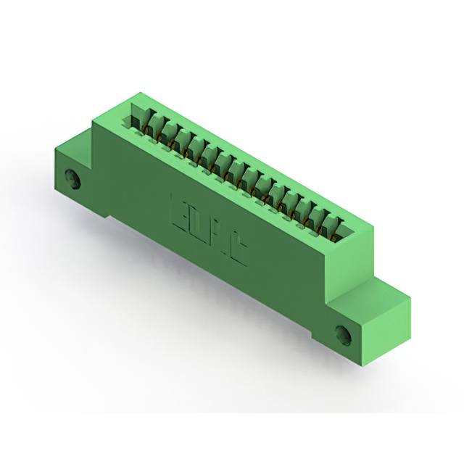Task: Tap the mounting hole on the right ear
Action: tap(343, 335)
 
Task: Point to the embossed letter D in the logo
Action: tap(200, 223)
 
